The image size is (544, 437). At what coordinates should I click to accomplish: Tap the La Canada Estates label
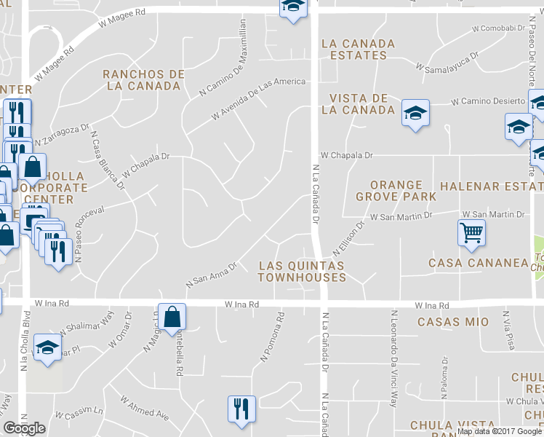(x=358, y=50)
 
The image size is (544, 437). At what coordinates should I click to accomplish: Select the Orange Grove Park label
(x=396, y=191)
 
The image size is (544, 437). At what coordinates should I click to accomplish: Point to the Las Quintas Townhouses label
(x=302, y=272)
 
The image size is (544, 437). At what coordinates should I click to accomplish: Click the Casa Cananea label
(x=478, y=263)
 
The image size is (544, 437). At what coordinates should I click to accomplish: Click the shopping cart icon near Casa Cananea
(x=471, y=233)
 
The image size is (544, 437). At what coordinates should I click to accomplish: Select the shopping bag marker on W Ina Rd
(x=172, y=317)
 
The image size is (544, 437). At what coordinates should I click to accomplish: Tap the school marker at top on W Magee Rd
(x=292, y=7)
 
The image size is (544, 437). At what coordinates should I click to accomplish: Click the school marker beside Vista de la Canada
(x=415, y=113)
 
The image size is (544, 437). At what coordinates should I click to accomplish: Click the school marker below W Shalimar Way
(x=47, y=347)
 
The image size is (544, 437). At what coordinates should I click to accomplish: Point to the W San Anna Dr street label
(x=212, y=274)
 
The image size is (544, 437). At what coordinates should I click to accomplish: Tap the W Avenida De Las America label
(x=258, y=100)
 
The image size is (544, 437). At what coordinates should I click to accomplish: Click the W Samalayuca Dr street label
(x=447, y=61)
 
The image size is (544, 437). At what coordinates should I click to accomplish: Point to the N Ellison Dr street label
(x=347, y=237)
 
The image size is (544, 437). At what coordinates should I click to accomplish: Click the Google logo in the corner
(x=25, y=428)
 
